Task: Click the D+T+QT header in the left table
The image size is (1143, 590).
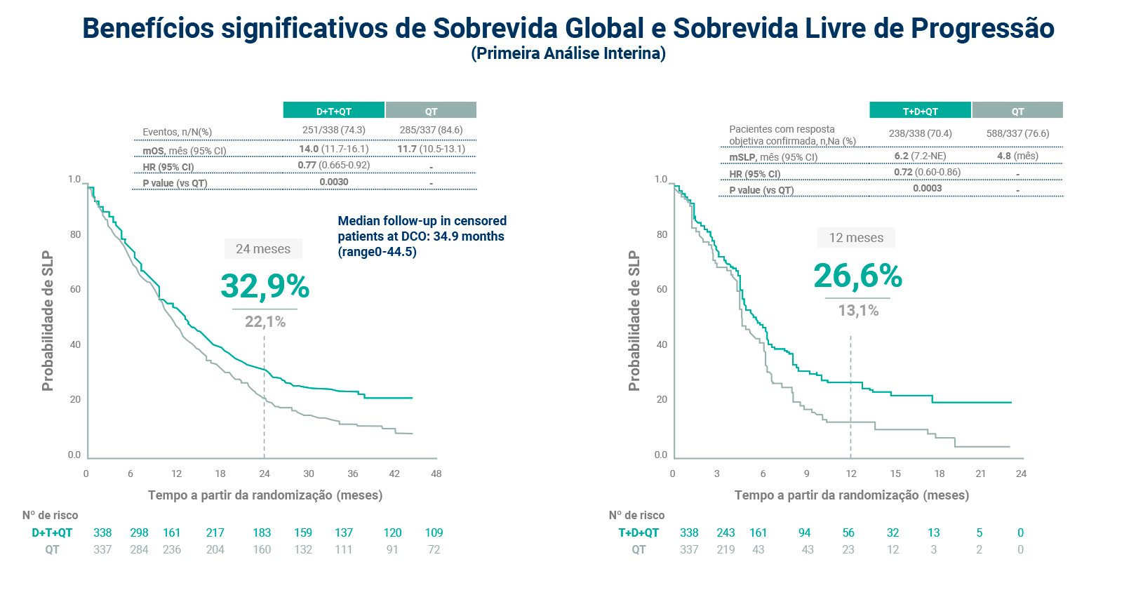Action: point(333,111)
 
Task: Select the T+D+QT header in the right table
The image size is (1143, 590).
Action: point(920,111)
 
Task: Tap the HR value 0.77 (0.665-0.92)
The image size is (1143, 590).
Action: point(333,166)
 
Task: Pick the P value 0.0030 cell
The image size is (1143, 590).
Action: point(333,182)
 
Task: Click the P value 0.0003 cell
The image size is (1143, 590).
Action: point(927,189)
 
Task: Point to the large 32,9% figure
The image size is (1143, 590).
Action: point(265,286)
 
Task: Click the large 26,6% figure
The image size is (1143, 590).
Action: point(857,276)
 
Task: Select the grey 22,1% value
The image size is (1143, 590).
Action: point(265,322)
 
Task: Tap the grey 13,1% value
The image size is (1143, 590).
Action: point(857,311)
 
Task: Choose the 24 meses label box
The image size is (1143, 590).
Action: point(263,249)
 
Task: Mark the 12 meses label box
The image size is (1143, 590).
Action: point(856,238)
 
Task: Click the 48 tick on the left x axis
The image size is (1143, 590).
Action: point(436,474)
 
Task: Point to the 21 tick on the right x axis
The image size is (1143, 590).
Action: point(980,474)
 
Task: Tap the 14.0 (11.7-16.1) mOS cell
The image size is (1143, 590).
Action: point(333,149)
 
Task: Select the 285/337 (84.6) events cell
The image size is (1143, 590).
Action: point(431,130)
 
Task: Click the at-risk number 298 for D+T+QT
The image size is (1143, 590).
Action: point(139,532)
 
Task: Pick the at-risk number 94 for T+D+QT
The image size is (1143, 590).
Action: point(804,532)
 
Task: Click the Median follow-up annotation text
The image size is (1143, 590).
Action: point(422,236)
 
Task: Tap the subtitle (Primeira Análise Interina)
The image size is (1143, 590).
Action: point(568,53)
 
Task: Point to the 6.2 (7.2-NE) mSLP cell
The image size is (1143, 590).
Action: point(920,156)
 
